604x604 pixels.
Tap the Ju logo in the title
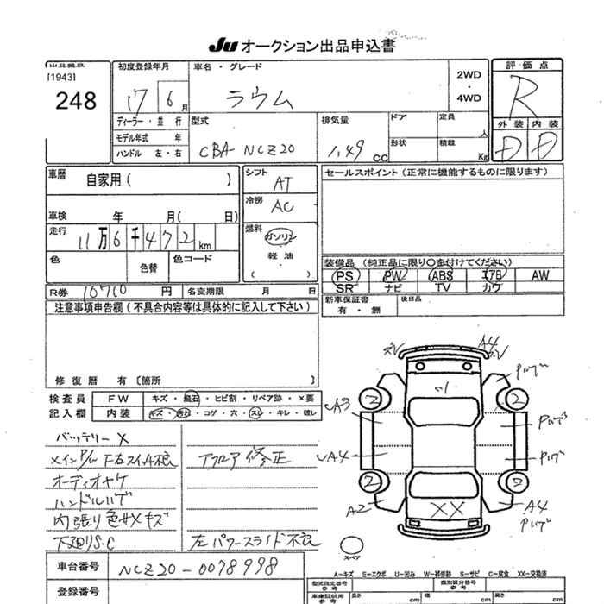tap(222, 46)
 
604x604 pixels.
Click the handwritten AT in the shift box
tap(281, 183)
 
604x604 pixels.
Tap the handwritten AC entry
tap(282, 207)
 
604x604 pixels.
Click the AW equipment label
tap(540, 275)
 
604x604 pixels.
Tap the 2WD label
tap(469, 75)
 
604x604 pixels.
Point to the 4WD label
tap(469, 98)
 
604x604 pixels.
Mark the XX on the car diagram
tap(448, 508)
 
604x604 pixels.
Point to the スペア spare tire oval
tap(355, 545)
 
